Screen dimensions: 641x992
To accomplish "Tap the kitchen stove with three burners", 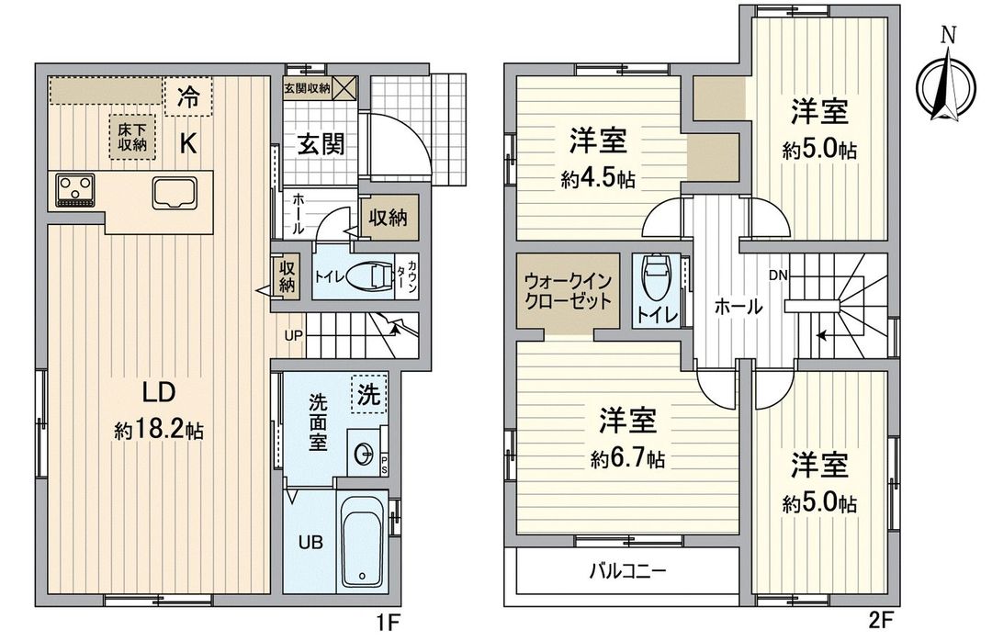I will pyautogui.click(x=75, y=190).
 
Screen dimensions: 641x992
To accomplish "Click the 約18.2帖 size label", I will pyautogui.click(x=158, y=429).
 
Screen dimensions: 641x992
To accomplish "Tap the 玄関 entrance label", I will pyautogui.click(x=320, y=144).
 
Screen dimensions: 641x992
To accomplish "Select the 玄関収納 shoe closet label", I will pyautogui.click(x=307, y=89).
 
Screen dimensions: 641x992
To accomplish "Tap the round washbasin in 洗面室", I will pyautogui.click(x=365, y=454).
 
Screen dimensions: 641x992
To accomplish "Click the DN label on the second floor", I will pyautogui.click(x=777, y=275).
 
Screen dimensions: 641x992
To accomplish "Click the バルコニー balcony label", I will pyautogui.click(x=626, y=571).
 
